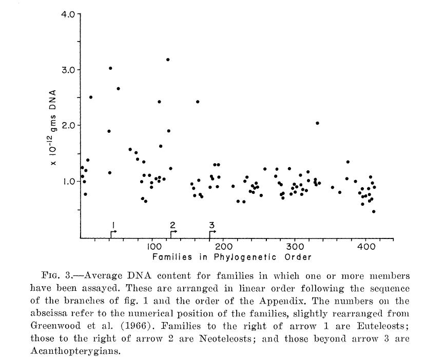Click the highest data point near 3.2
168,59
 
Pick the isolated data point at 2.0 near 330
317,123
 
